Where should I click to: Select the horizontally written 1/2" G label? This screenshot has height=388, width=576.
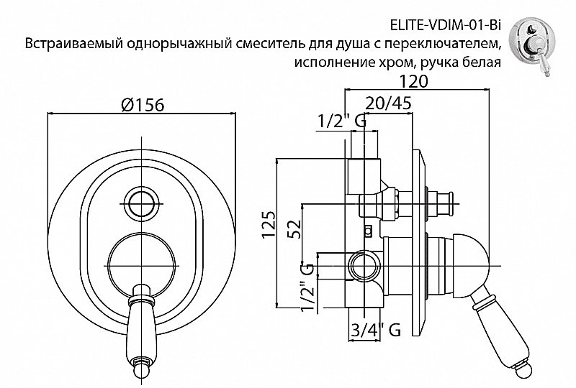[x=342, y=122]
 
